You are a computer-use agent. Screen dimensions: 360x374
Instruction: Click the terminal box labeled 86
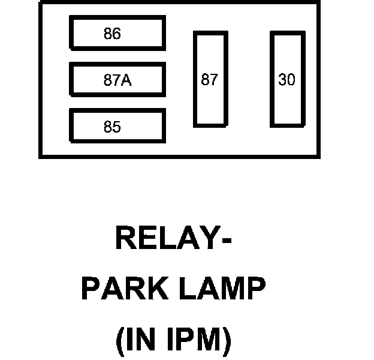pos(117,34)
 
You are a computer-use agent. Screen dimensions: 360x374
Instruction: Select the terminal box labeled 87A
pos(117,80)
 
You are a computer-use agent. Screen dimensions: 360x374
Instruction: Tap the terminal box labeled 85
pos(117,127)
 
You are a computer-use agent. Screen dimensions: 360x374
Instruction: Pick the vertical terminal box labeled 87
pos(210,79)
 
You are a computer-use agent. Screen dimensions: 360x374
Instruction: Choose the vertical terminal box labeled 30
pos(287,79)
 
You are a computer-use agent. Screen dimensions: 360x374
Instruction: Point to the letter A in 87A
pos(126,80)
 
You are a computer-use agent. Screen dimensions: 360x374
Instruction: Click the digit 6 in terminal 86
pos(116,34)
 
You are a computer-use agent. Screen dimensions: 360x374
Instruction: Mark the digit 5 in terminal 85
pos(116,127)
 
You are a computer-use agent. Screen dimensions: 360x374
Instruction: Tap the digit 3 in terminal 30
pos(282,80)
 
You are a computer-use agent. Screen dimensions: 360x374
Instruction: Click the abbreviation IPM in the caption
pos(192,340)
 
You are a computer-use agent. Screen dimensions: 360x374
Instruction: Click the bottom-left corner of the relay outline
pos(40,157)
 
